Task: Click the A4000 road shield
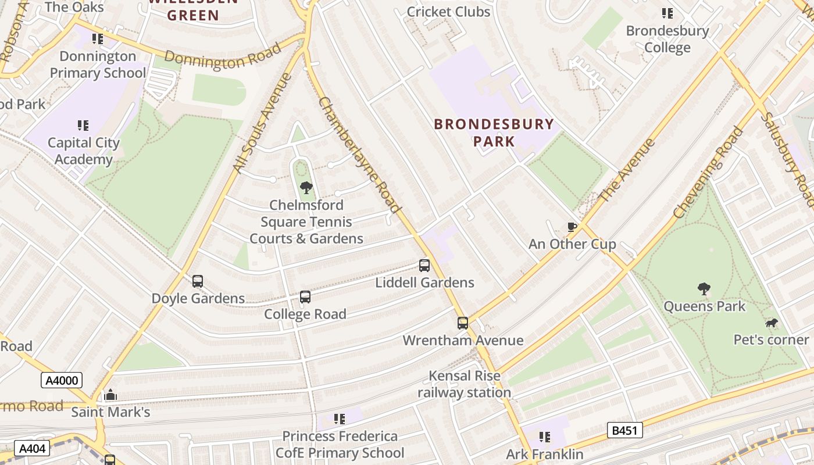point(61,381)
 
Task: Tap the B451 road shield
point(626,430)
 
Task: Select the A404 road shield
point(31,449)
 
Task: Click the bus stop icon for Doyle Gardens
point(198,281)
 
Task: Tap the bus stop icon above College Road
point(305,297)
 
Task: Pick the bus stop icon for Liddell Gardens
point(424,266)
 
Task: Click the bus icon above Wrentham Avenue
point(463,323)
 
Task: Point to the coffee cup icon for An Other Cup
point(572,227)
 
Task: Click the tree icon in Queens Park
point(704,288)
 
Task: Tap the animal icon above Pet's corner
point(772,323)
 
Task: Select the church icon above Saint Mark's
point(110,395)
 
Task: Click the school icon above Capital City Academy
point(83,126)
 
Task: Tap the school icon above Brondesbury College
point(667,13)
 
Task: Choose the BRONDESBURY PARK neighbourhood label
point(494,132)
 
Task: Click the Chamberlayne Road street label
point(360,155)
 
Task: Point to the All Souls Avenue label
point(262,123)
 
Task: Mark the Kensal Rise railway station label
point(464,384)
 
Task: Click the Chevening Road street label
point(708,173)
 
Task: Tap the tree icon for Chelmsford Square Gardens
point(306,187)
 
